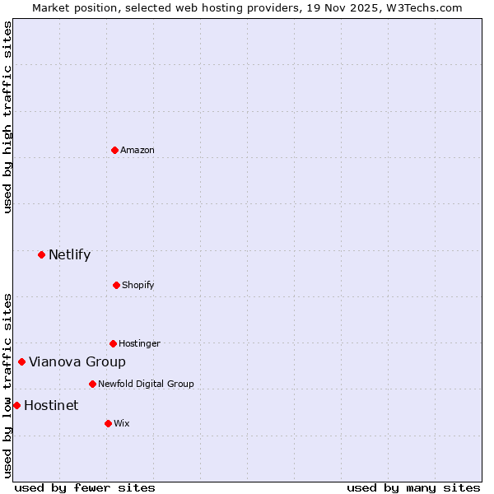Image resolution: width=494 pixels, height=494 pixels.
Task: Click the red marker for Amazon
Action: pyautogui.click(x=114, y=150)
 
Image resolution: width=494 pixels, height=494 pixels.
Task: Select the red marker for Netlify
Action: pyautogui.click(x=41, y=254)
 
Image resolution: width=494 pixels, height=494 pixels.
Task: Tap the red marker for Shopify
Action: pyautogui.click(x=116, y=285)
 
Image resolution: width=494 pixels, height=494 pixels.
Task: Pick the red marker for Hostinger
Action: pyautogui.click(x=113, y=343)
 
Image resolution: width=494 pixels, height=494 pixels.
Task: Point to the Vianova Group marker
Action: pyautogui.click(x=21, y=361)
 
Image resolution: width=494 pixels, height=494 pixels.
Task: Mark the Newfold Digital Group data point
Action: pyautogui.click(x=92, y=384)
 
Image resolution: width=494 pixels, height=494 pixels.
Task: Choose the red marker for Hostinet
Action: pyautogui.click(x=16, y=405)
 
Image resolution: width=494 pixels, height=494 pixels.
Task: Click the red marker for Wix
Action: pyautogui.click(x=108, y=423)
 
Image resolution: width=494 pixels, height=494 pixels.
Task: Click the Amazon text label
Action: pyautogui.click(x=137, y=150)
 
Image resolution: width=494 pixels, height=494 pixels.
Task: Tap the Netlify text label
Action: pyautogui.click(x=69, y=254)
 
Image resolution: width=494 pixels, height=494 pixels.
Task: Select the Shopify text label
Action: pyautogui.click(x=138, y=285)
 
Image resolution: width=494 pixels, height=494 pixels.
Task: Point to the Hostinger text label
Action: pyautogui.click(x=139, y=343)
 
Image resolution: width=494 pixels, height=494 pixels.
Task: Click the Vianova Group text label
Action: pyautogui.click(x=77, y=361)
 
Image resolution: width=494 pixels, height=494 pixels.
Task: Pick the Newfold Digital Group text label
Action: pyautogui.click(x=146, y=384)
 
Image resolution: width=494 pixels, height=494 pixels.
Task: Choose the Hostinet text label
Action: pyautogui.click(x=51, y=405)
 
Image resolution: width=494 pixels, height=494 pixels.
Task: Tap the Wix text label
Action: pyautogui.click(x=121, y=423)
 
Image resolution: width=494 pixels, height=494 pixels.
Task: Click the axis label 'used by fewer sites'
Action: pyautogui.click(x=85, y=487)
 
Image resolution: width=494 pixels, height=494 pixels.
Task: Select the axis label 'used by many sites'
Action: pyautogui.click(x=413, y=487)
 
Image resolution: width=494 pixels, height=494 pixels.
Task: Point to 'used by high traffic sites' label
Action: pyautogui.click(x=8, y=117)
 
